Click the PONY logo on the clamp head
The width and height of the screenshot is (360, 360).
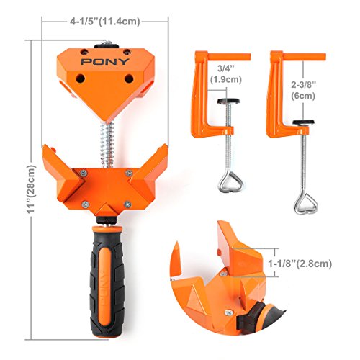point(105,62)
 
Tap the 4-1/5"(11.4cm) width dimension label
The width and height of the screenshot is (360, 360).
point(105,22)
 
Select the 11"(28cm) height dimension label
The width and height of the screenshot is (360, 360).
point(31,189)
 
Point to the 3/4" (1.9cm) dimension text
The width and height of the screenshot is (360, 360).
point(226,74)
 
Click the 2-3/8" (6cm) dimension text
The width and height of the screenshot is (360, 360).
point(303,90)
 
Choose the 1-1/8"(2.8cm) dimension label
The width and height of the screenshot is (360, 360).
point(300,264)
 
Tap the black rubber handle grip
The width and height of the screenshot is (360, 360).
point(107,282)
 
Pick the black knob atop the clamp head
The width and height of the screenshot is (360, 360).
point(106,45)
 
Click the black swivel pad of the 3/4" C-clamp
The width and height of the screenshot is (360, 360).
point(228,101)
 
